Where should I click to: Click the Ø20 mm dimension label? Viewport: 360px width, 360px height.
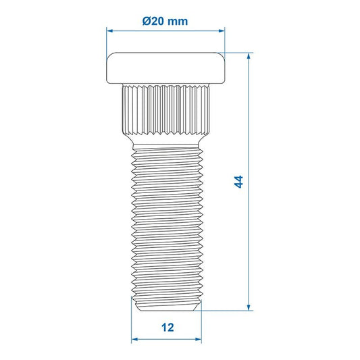(165, 21)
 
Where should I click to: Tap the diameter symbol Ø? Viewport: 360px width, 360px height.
(147, 21)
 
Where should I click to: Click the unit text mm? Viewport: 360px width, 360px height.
(178, 21)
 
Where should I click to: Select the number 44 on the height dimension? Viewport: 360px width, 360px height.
(237, 182)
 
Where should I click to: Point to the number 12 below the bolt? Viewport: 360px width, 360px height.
(168, 328)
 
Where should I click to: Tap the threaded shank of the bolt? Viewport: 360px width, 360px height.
(165, 223)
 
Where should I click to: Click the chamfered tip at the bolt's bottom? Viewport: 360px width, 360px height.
(165, 307)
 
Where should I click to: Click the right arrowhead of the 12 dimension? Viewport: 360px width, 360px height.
(199, 339)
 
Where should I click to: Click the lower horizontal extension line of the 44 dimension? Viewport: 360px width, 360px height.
(230, 311)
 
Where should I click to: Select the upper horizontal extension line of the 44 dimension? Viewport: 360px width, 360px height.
(240, 52)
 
